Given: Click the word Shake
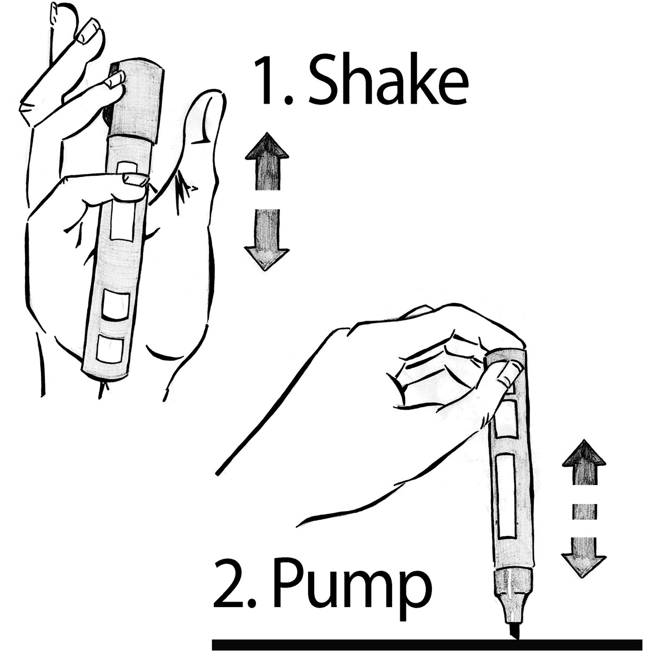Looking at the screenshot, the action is tap(388, 80).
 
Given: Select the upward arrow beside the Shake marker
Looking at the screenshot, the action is tap(267, 161).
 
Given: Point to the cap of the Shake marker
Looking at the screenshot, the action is tap(135, 101).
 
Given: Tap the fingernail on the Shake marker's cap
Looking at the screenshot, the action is tap(115, 80).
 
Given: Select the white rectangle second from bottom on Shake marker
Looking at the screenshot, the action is tap(116, 304).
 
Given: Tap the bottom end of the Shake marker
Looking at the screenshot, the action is tap(105, 374).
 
